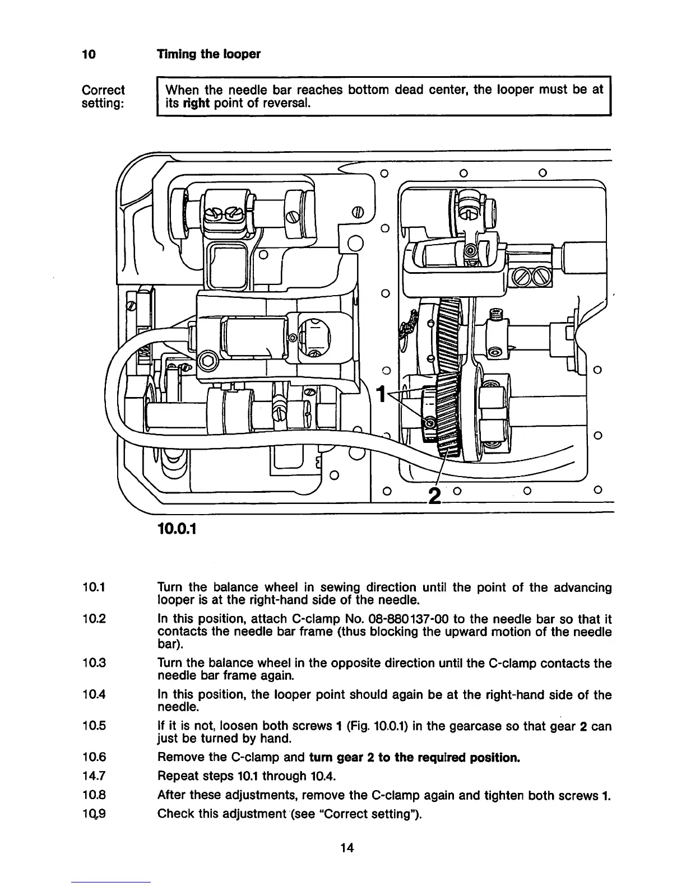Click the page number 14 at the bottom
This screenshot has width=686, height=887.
[x=347, y=848]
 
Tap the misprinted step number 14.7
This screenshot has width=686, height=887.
[x=94, y=776]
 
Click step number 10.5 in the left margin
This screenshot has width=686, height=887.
[x=94, y=727]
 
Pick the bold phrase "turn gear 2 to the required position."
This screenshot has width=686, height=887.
[x=415, y=758]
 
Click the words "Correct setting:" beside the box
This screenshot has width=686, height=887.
[x=104, y=97]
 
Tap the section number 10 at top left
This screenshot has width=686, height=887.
[x=89, y=54]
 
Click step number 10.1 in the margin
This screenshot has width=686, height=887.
[x=93, y=588]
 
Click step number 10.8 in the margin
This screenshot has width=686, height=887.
[x=94, y=795]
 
